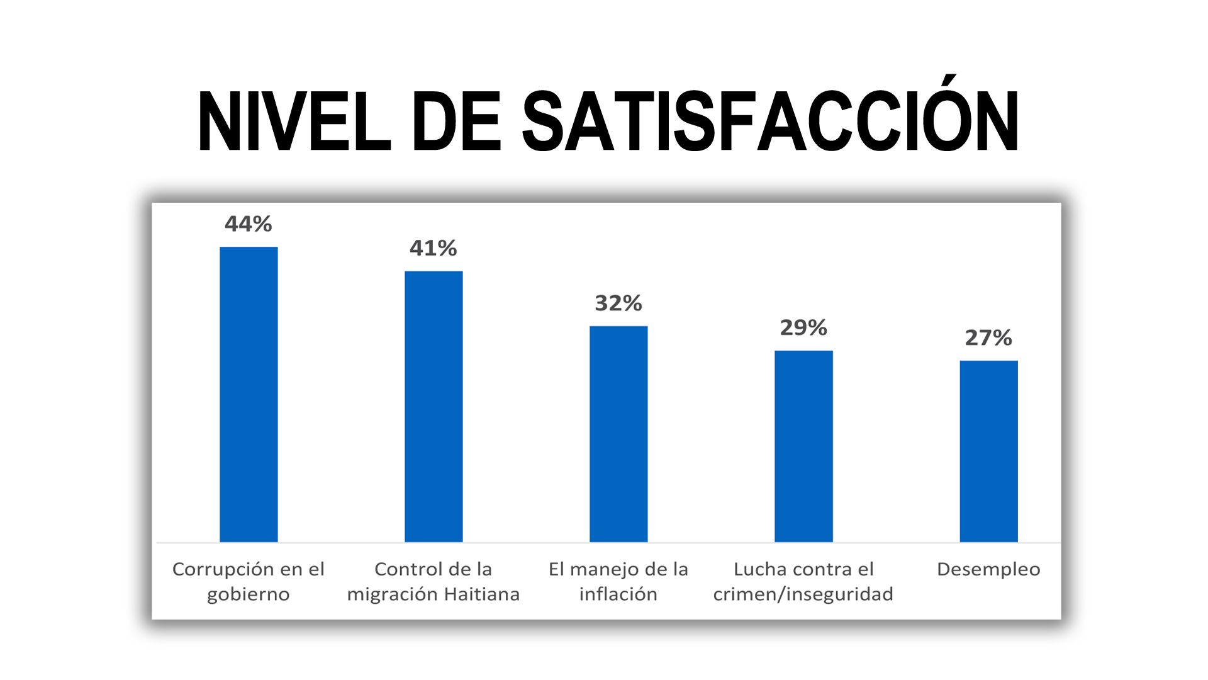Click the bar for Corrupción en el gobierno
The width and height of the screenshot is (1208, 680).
pyautogui.click(x=249, y=394)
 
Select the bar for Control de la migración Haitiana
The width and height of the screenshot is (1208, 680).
pyautogui.click(x=433, y=406)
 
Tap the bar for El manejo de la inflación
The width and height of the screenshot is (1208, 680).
pyautogui.click(x=618, y=434)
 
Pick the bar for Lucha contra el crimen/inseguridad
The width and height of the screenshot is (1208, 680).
pyautogui.click(x=803, y=446)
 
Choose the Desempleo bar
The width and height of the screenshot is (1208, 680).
pyautogui.click(x=988, y=451)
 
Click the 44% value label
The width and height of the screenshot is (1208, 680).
pyautogui.click(x=249, y=224)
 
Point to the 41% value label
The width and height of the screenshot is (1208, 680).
pyautogui.click(x=433, y=248)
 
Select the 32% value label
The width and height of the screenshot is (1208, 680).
pyautogui.click(x=618, y=303)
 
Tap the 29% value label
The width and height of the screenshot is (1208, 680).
pyautogui.click(x=803, y=327)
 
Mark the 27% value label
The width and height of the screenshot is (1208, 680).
pyautogui.click(x=988, y=338)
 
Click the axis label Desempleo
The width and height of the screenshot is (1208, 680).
pyautogui.click(x=988, y=569)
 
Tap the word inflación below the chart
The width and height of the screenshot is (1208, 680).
pyautogui.click(x=618, y=594)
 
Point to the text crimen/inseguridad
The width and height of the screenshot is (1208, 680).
pyautogui.click(x=803, y=594)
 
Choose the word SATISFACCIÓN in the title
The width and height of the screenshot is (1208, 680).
pyautogui.click(x=770, y=122)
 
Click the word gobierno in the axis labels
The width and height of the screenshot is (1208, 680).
pyautogui.click(x=249, y=594)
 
